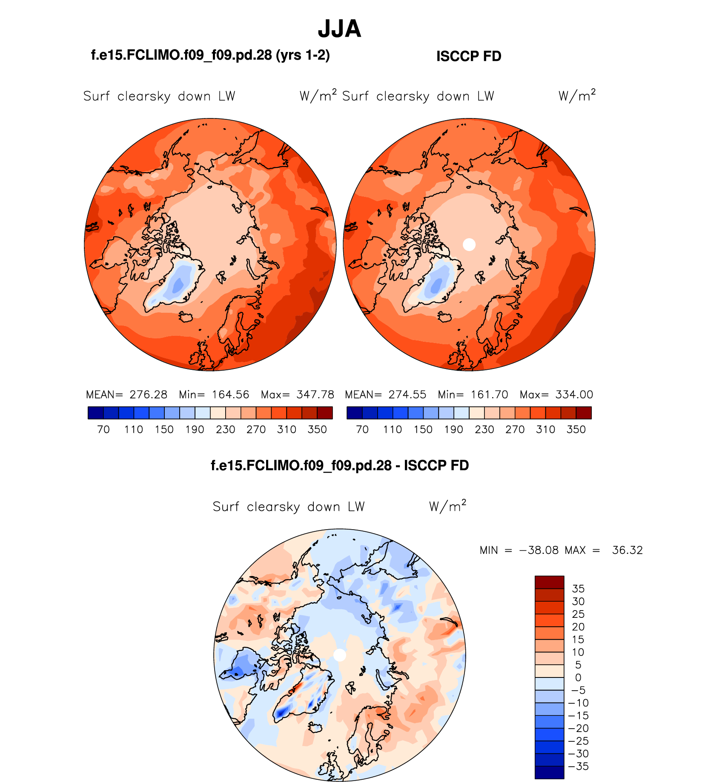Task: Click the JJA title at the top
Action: pos(339,29)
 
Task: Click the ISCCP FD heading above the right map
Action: pos(469,56)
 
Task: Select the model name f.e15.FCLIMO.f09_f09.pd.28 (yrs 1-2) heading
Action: pos(210,55)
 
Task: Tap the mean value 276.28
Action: pos(148,395)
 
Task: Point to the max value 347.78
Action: pos(315,395)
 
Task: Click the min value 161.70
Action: pos(489,395)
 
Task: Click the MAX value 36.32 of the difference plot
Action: pos(627,550)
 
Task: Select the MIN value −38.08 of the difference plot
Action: pos(539,550)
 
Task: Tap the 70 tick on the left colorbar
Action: pos(103,429)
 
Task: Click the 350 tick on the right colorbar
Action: pos(576,429)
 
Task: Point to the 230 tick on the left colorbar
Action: pos(226,429)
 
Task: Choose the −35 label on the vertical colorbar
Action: pos(578,767)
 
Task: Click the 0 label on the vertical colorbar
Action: pos(578,678)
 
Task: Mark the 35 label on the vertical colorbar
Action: pos(578,589)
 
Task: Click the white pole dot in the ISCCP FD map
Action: pos(469,245)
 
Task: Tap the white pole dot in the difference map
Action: pos(339,655)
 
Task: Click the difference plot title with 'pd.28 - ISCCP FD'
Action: pos(340,465)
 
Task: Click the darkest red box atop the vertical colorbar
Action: pos(549,582)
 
